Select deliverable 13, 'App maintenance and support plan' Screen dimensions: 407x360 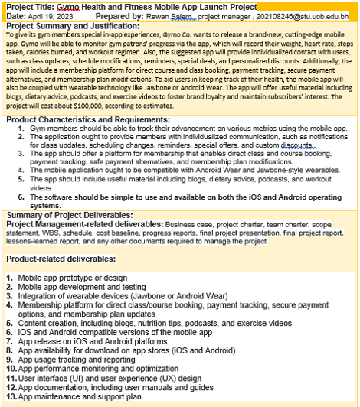pos(80,397)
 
